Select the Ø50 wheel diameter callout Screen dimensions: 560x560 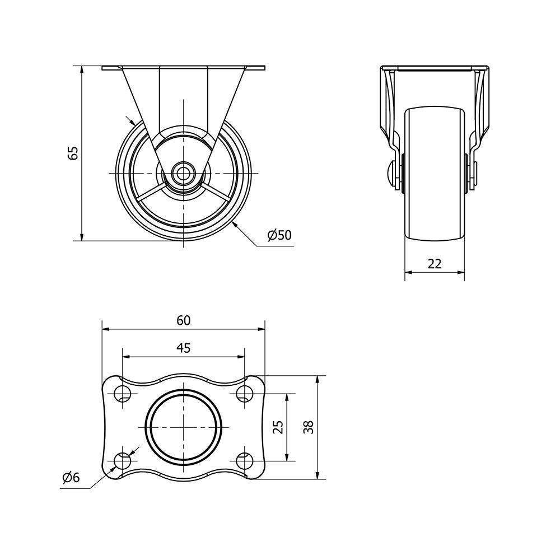click(x=279, y=235)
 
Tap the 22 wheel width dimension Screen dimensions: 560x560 click(x=435, y=264)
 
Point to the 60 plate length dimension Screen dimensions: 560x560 click(x=184, y=320)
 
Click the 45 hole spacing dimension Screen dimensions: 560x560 click(x=184, y=348)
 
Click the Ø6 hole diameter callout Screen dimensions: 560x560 click(x=71, y=478)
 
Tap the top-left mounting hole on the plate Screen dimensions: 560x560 click(x=123, y=394)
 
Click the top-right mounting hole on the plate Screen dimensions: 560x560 click(x=244, y=394)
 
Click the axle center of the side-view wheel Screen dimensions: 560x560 click(x=184, y=173)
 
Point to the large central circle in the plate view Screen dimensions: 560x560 click(x=184, y=427)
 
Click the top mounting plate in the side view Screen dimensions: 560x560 click(x=184, y=68)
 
